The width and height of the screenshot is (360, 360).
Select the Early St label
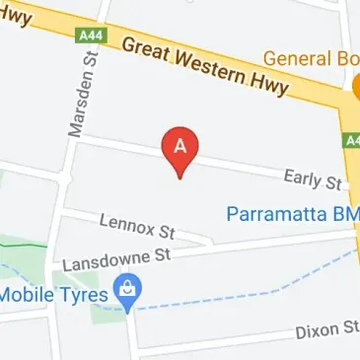312,179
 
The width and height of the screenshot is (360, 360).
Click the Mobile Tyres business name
53,293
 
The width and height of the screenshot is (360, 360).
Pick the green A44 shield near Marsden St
90,36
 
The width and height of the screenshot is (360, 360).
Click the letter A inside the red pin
180,144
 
